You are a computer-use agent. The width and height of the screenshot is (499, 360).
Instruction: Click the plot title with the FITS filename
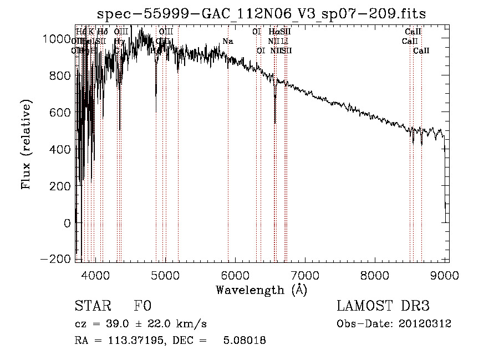point(261,14)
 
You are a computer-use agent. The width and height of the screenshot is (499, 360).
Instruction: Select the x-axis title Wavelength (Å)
point(261,290)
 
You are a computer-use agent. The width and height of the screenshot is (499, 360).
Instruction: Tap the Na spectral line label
point(228,42)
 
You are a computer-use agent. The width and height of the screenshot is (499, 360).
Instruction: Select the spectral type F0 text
point(142,306)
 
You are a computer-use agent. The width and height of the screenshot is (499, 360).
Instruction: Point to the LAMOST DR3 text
point(383,306)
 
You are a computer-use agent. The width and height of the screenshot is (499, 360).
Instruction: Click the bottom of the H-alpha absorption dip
point(275,123)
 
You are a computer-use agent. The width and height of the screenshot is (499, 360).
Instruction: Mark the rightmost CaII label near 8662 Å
point(421,50)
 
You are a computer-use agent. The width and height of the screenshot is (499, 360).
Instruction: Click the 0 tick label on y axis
point(67,222)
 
